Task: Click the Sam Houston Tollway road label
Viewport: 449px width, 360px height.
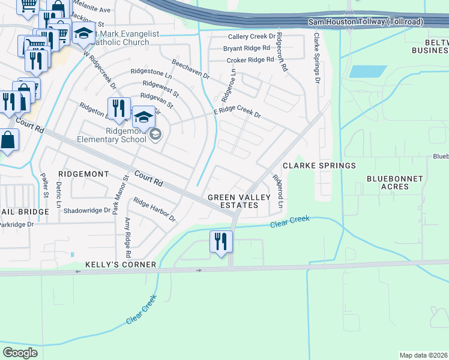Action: coord(366,22)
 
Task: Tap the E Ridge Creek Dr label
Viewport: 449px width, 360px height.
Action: coord(237,113)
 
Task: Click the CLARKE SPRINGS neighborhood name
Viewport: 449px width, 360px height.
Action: coord(319,166)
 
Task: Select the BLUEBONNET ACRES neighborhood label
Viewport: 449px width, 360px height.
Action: coord(394,182)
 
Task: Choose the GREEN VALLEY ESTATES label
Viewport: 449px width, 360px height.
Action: coord(233,201)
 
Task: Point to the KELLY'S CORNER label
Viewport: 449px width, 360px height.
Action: coord(121,265)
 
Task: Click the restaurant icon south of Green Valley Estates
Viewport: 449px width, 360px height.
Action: coord(221,241)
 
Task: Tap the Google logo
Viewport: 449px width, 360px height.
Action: coord(20,352)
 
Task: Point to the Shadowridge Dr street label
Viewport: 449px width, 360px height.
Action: coord(87,211)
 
